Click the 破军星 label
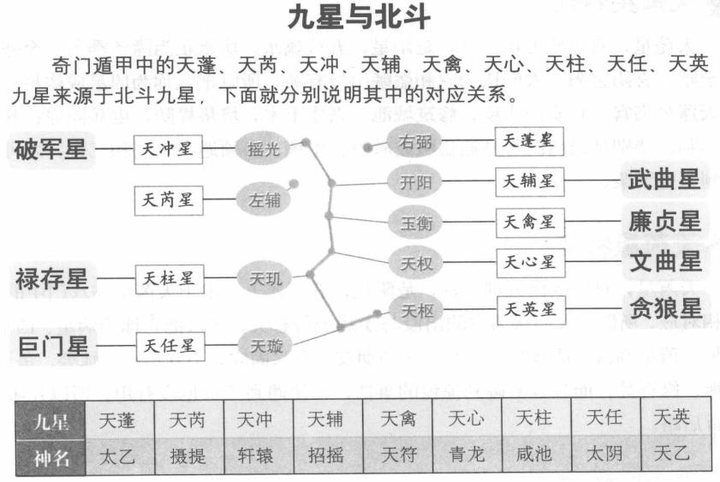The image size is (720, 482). pos(51,151)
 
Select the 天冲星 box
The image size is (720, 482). pos(169,152)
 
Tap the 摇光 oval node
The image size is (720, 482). pos(264,151)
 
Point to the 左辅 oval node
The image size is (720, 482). pos(264,201)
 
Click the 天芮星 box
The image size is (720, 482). pos(169,201)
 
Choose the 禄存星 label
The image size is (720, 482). pos(51,278)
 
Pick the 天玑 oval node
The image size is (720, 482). pos(264,278)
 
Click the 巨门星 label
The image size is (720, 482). pos(51,347)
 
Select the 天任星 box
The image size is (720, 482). pos(169,347)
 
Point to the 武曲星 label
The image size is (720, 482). pos(663,180)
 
